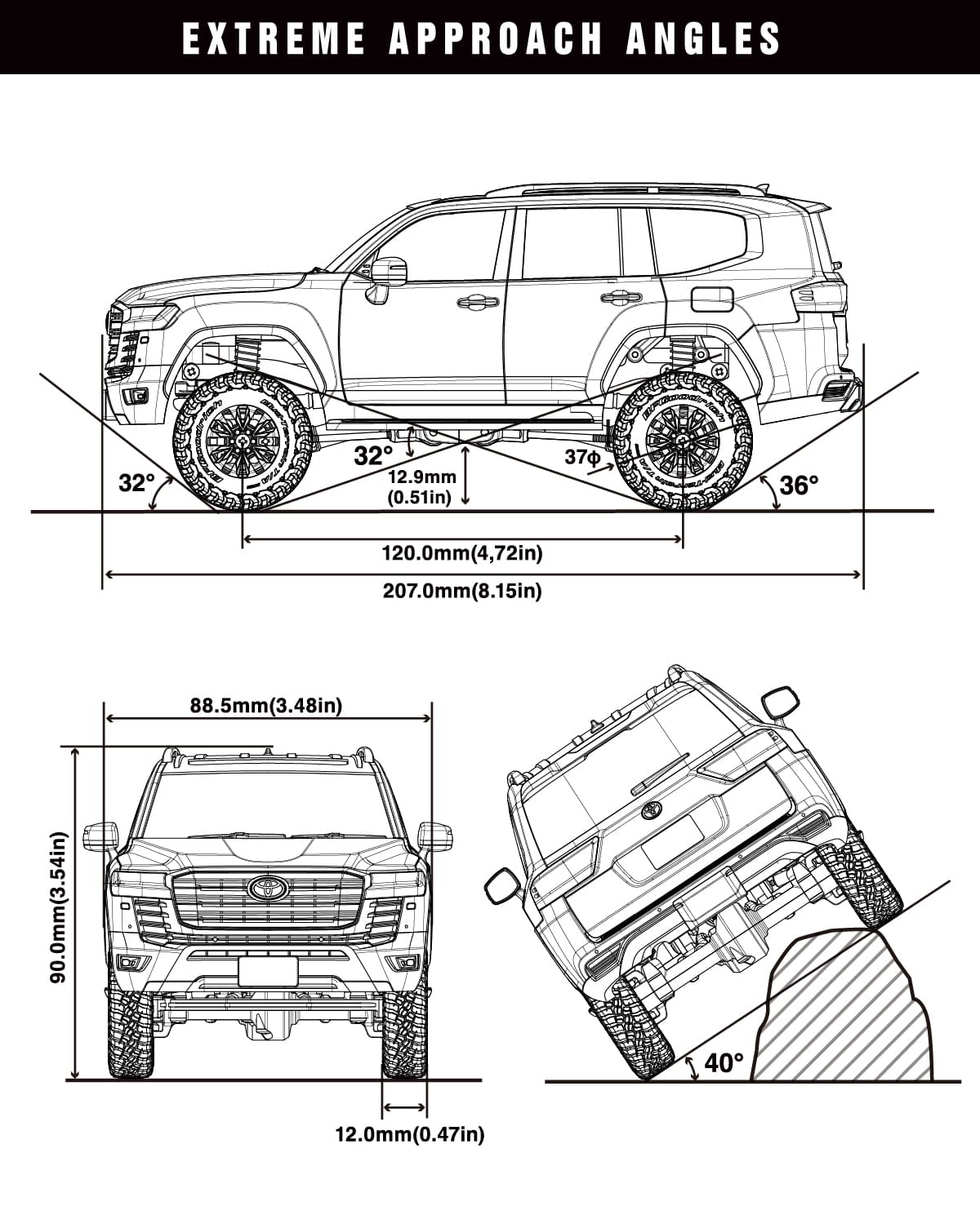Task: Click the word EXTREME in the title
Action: tap(274, 38)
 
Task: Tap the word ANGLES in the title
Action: tap(704, 38)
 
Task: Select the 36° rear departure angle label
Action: tap(799, 486)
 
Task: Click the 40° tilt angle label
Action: tap(724, 1063)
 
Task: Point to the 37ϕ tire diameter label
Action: tap(582, 458)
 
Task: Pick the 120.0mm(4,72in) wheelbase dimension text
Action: tap(462, 553)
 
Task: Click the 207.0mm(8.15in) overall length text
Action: tap(462, 590)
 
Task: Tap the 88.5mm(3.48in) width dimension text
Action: tap(266, 704)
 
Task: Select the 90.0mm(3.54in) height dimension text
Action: tap(58, 914)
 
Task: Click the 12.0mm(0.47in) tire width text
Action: tap(410, 1133)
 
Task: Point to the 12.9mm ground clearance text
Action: tap(421, 477)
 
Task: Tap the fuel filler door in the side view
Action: tap(711, 299)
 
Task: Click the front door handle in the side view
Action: tap(478, 302)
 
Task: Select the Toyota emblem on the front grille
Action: tap(265, 888)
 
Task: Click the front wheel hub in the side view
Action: tap(243, 440)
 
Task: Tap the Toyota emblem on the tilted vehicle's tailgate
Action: tap(651, 810)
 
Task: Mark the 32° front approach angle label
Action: tap(136, 483)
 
